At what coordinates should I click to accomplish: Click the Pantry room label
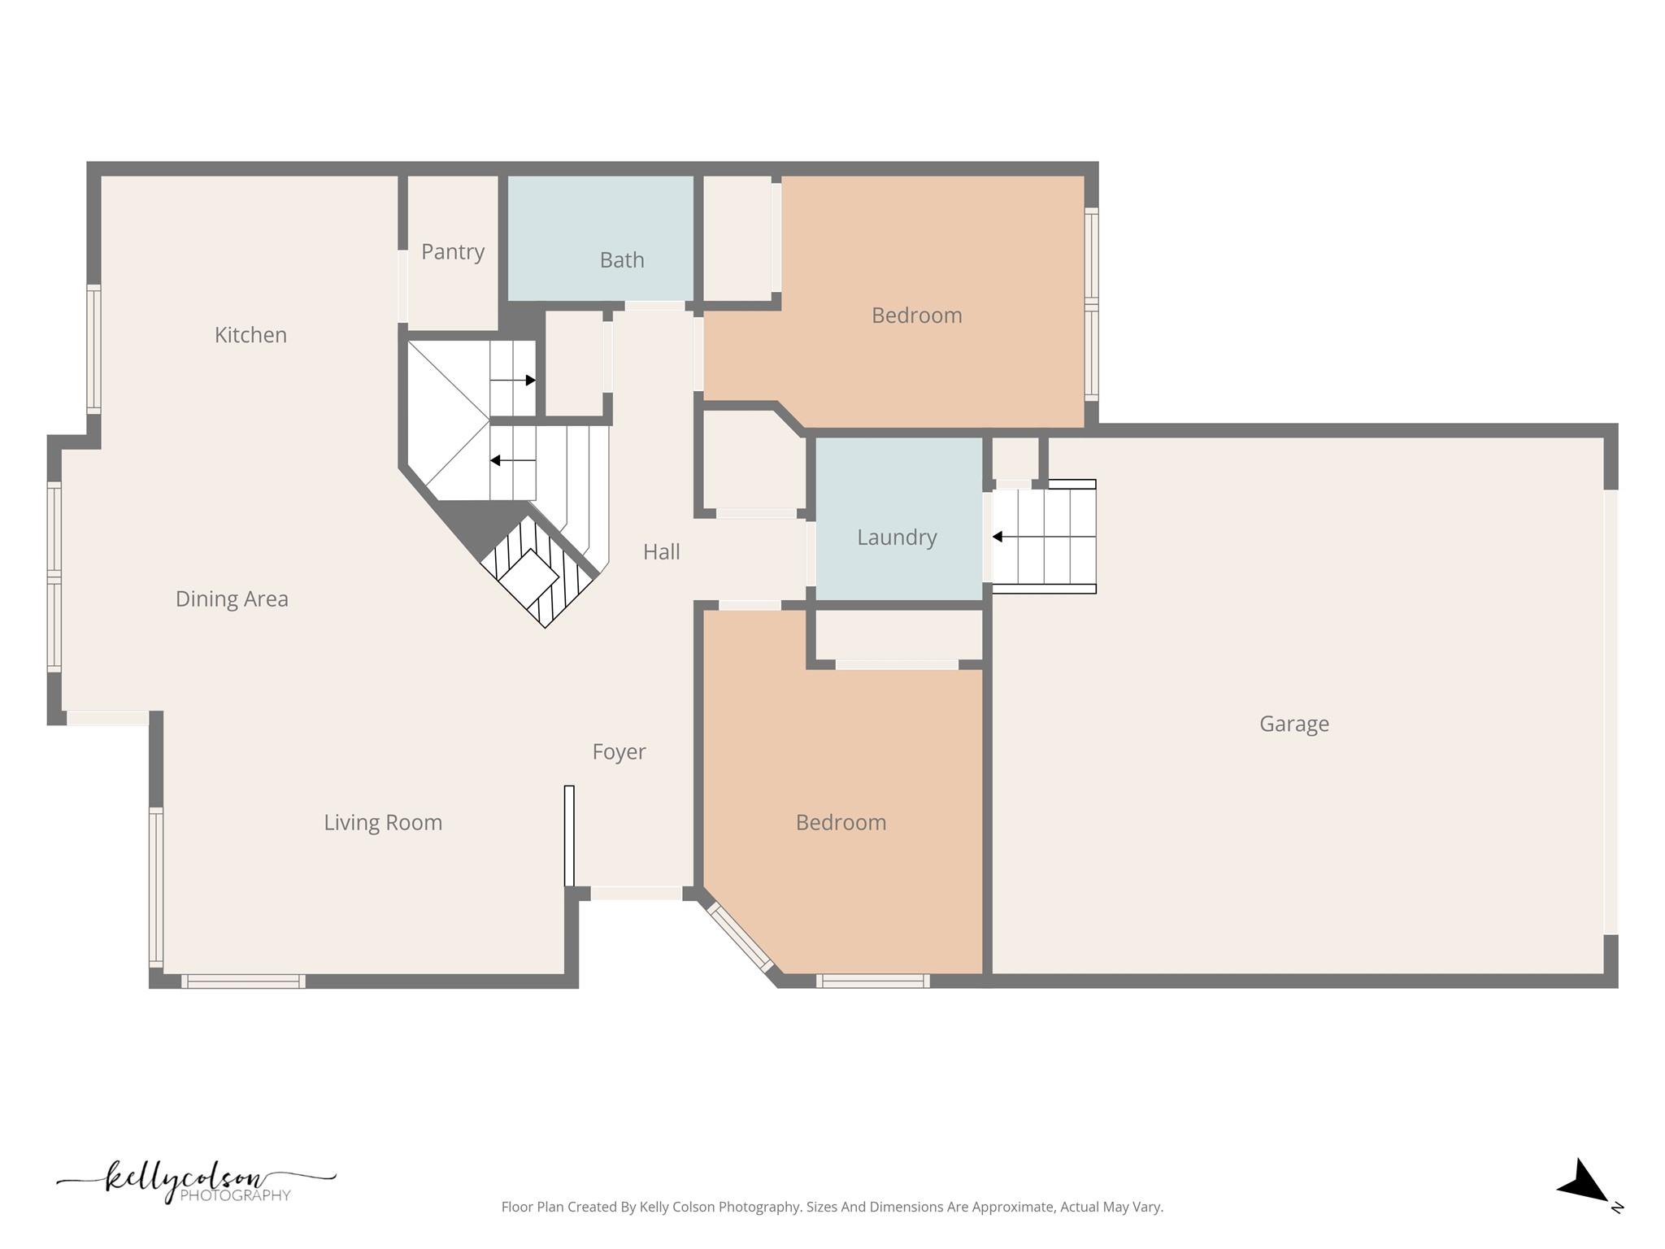pos(453,252)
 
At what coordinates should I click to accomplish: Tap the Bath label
pos(622,260)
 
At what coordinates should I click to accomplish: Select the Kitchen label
pos(250,335)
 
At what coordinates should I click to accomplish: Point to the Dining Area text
pos(232,599)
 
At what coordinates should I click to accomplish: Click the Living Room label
pos(383,823)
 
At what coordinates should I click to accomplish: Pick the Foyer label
pos(619,752)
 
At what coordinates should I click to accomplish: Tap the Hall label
pos(661,552)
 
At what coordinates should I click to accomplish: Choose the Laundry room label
pos(897,537)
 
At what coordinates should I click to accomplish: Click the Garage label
pos(1293,724)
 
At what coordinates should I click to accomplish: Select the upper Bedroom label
pos(916,316)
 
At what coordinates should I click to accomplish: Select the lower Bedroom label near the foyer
pos(841,823)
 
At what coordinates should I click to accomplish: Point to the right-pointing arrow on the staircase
pos(528,380)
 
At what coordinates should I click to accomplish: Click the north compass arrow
pos(1583,1182)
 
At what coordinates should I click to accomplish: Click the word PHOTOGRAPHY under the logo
pos(235,1195)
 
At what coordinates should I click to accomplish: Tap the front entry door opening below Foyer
pos(636,893)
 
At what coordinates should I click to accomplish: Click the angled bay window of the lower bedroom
pos(740,938)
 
